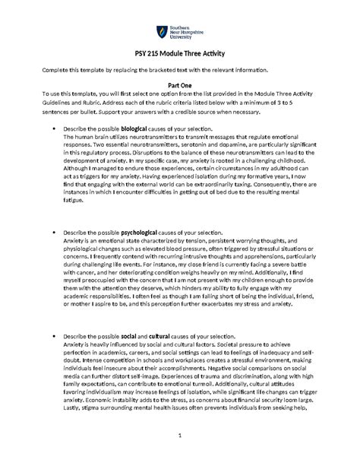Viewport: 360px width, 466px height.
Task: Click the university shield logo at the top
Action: click(x=159, y=31)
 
